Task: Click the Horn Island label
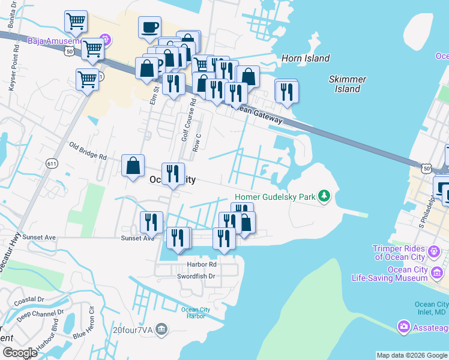[x=306, y=58]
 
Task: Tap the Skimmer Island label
[x=348, y=84]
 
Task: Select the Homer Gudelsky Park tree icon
[x=325, y=196]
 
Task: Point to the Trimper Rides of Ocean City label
[x=399, y=253]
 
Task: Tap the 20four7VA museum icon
[x=161, y=329]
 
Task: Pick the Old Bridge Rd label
[x=88, y=151]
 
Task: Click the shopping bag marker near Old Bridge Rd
[x=133, y=166]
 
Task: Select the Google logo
[x=19, y=353]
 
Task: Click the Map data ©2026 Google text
[x=412, y=355]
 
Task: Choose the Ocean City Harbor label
[x=196, y=314]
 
